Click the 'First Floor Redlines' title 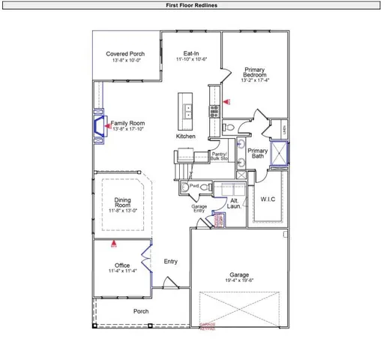(x=193, y=4)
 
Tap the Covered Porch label (x=125, y=54)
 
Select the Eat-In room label (x=191, y=54)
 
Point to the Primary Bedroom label (x=255, y=73)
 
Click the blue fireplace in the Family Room (x=98, y=125)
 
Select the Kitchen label (x=186, y=137)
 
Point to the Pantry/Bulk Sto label (x=219, y=157)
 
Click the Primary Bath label (x=257, y=153)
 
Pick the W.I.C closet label (x=268, y=199)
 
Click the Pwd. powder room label (x=193, y=186)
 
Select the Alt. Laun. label (x=234, y=204)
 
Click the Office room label (x=122, y=265)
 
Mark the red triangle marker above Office (x=114, y=243)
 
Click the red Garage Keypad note (x=207, y=327)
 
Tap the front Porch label (x=141, y=311)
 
